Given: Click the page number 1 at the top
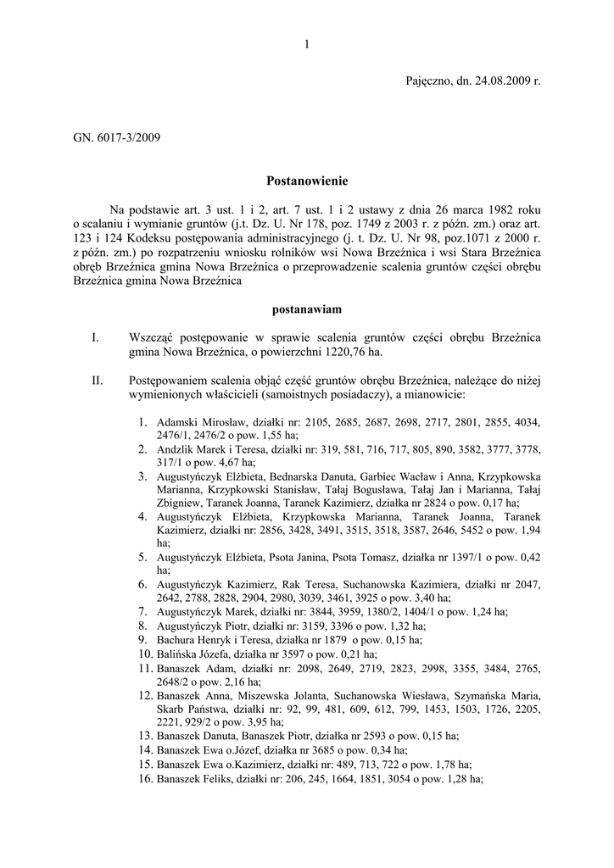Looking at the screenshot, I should pyautogui.click(x=306, y=45).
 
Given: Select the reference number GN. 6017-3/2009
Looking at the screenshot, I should pyautogui.click(x=116, y=136).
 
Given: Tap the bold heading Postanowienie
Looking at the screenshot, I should pyautogui.click(x=307, y=181).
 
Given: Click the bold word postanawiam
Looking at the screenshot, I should pyautogui.click(x=307, y=310).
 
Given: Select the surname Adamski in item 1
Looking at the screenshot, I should pyautogui.click(x=176, y=422).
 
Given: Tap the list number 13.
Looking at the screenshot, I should pyautogui.click(x=143, y=736).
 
